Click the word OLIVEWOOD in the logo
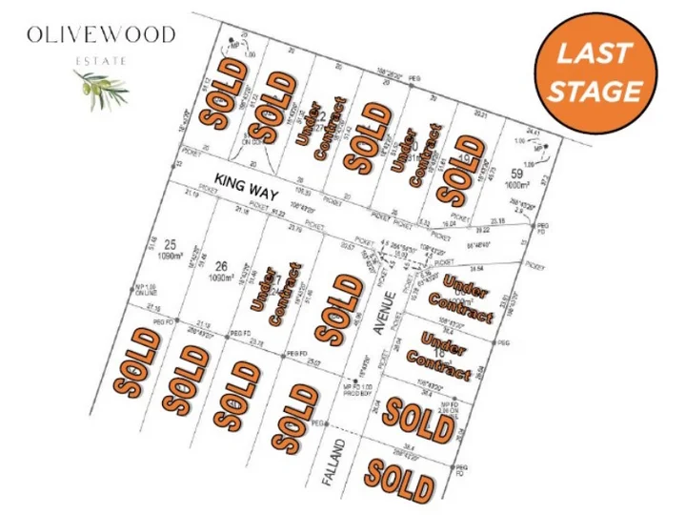coord(101,35)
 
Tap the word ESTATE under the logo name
coord(101,59)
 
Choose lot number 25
coord(171,245)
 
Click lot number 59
coord(517,174)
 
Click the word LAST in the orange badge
coord(595,53)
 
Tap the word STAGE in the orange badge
coord(595,91)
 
